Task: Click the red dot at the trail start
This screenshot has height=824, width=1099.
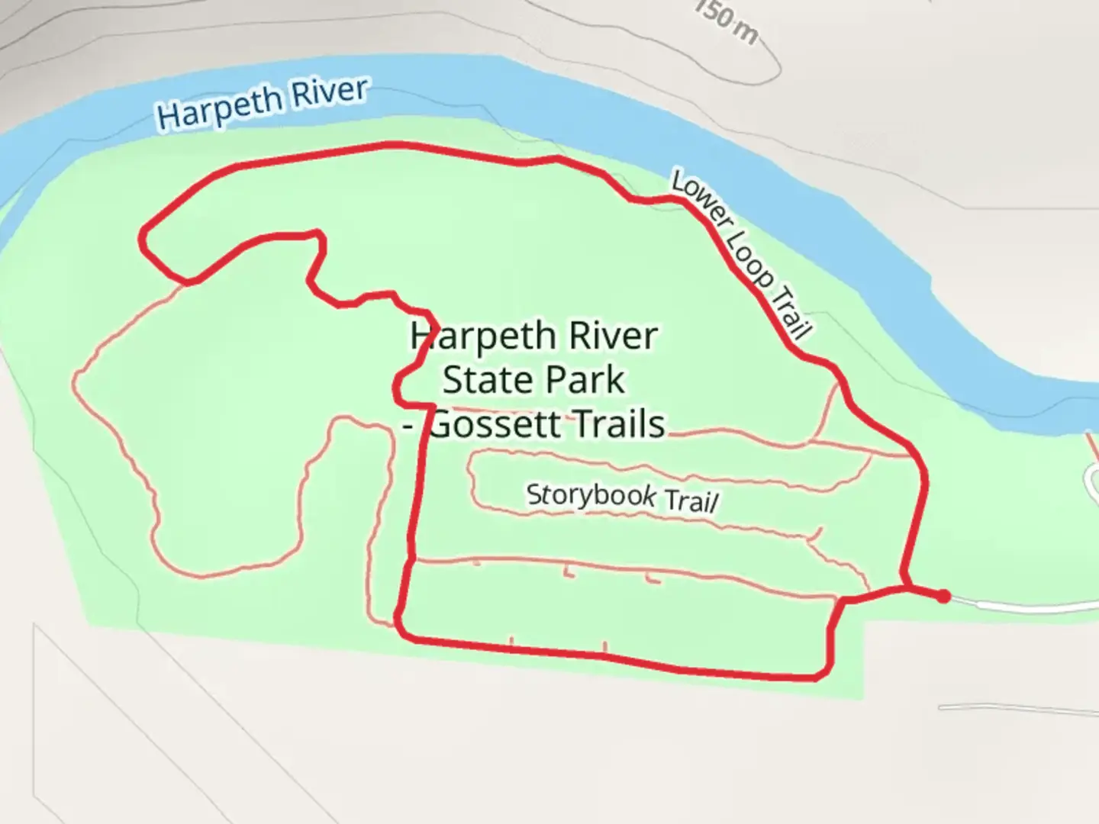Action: tap(943, 596)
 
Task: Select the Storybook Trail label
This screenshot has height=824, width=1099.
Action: tap(622, 497)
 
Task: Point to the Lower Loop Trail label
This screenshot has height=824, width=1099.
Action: tap(740, 255)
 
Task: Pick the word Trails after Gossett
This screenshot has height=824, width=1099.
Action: tap(619, 424)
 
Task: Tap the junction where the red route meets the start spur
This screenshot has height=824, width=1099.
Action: tap(906, 587)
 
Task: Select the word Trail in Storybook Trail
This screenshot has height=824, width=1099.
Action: tap(691, 501)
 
